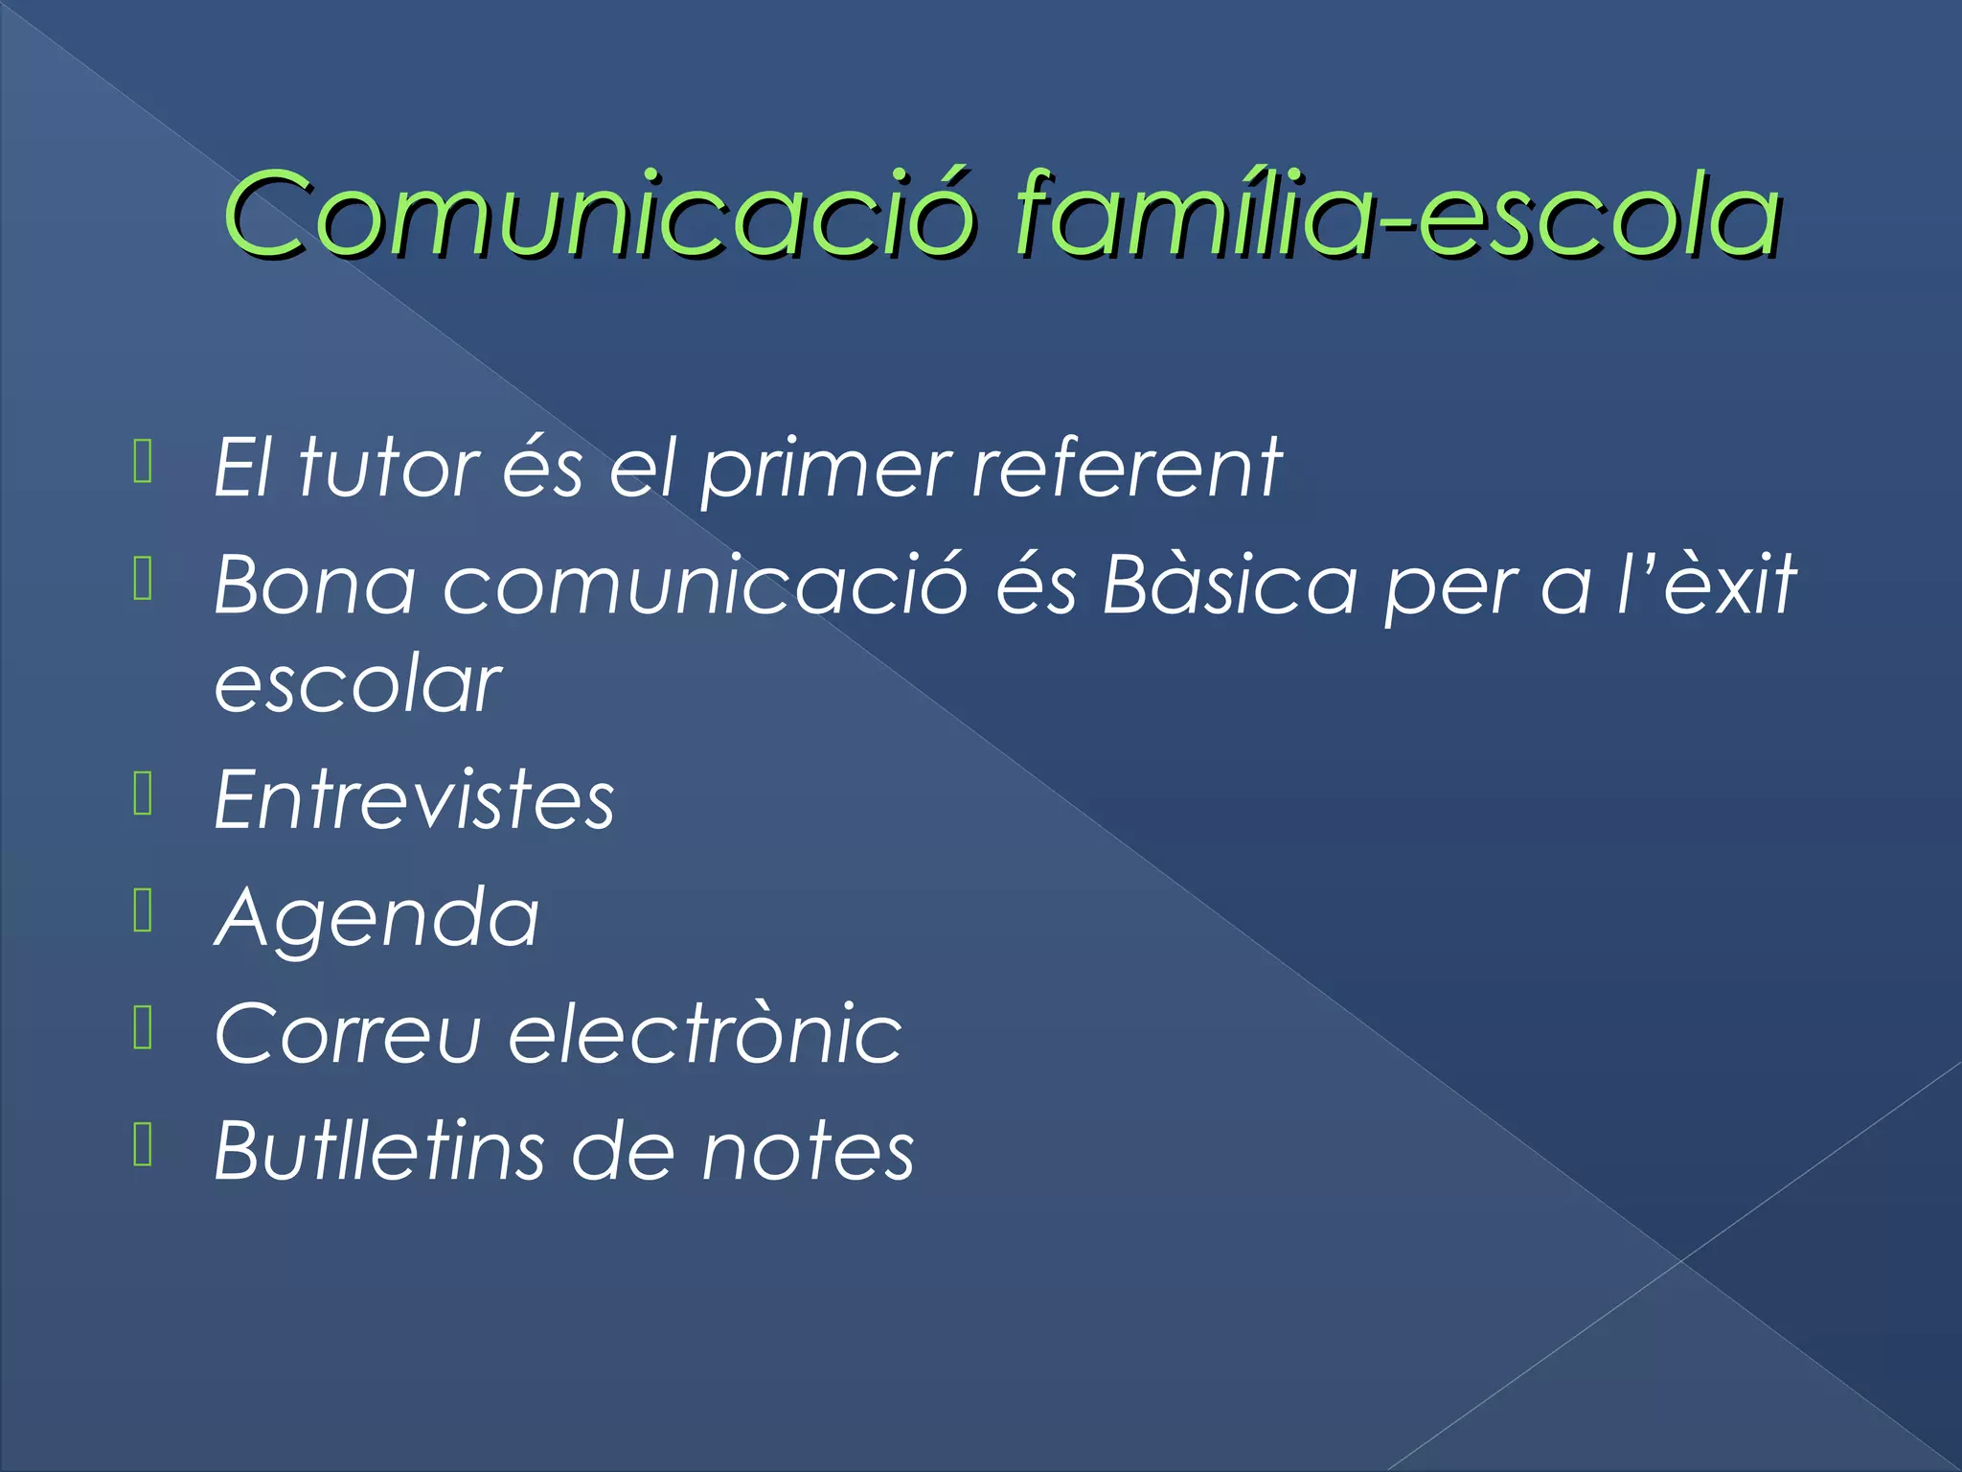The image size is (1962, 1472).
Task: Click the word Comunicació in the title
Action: pos(599,215)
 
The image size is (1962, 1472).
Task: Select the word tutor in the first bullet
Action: pos(389,468)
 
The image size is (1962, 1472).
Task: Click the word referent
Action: pos(1127,468)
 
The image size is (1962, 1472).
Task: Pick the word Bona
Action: pos(315,585)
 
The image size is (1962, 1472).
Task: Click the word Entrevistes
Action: pos(414,799)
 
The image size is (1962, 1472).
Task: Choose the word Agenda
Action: pos(376,918)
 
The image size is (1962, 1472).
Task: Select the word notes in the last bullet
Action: pos(808,1152)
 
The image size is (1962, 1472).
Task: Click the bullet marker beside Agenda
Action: pos(144,909)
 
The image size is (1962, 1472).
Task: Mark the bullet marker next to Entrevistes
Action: pos(144,793)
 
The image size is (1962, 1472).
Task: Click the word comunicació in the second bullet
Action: pos(705,585)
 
